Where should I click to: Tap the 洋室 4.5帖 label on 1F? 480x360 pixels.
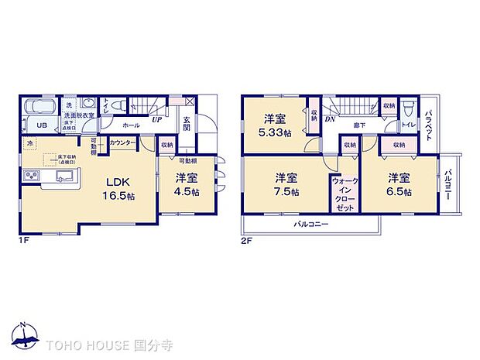[x=187, y=185]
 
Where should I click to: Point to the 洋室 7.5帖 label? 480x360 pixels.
[x=286, y=183]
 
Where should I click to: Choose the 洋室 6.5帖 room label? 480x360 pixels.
[x=399, y=183]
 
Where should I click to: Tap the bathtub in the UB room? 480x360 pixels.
[x=39, y=108]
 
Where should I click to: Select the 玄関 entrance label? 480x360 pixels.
[x=187, y=124]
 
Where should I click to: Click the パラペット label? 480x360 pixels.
[x=429, y=122]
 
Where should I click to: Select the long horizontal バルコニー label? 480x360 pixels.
[x=310, y=224]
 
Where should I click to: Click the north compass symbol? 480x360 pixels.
[x=25, y=334]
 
